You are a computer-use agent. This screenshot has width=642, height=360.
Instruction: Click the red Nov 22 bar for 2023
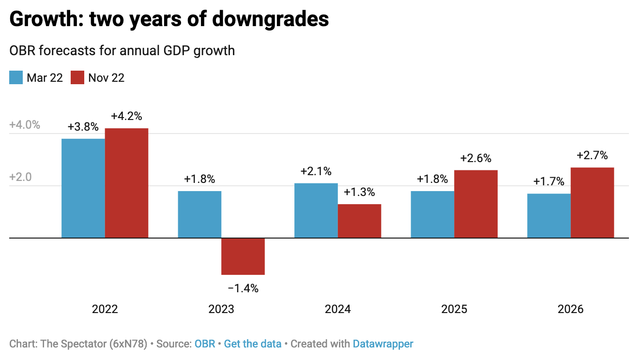243,256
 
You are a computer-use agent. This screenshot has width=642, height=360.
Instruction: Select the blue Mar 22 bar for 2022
83,188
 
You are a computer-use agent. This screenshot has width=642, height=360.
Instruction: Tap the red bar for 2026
592,203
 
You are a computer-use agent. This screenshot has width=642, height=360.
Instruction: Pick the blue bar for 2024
316,210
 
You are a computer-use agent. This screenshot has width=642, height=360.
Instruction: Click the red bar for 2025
476,204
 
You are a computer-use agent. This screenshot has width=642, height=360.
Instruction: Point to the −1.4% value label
243,289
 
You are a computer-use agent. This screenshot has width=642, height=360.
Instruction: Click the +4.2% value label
126,116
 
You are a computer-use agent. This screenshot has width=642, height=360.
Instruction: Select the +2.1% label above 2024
316,171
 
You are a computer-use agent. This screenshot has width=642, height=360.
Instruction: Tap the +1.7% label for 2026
549,182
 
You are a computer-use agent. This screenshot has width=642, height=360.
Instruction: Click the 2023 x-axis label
221,309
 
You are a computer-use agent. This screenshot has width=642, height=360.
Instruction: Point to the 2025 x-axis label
454,309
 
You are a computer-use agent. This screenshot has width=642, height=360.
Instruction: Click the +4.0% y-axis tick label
25,125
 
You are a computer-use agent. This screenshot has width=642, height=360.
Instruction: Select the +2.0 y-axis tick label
21,177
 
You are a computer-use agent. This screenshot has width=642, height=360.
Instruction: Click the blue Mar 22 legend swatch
16,77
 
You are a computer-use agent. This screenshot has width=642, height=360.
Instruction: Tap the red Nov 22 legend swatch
77,77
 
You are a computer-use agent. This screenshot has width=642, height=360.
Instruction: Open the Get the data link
253,344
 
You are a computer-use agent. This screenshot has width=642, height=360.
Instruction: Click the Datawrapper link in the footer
383,344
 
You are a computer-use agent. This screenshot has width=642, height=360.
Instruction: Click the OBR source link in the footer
205,344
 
